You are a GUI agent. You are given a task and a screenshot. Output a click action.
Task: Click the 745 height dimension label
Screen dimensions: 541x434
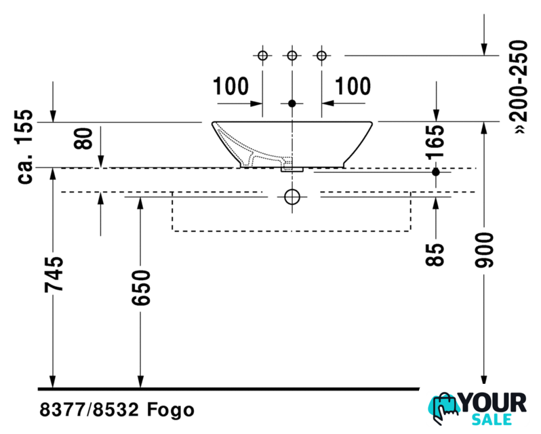[54, 274]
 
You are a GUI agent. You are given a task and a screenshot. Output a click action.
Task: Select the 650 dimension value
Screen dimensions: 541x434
[141, 288]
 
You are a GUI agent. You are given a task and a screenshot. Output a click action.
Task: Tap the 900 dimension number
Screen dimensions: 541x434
[484, 250]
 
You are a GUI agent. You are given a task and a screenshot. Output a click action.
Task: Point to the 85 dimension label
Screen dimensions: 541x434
[435, 254]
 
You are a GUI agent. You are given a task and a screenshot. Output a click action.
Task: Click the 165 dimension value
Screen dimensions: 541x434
[435, 142]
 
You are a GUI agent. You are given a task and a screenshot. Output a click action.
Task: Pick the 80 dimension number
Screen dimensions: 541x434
[83, 138]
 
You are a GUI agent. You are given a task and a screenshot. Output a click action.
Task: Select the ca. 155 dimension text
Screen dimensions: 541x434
[25, 146]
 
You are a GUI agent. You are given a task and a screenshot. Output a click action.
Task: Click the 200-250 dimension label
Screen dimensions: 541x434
[519, 87]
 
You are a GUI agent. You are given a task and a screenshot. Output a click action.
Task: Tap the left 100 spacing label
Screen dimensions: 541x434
[231, 86]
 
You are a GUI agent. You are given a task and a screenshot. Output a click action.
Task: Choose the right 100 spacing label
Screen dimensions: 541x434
[353, 86]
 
